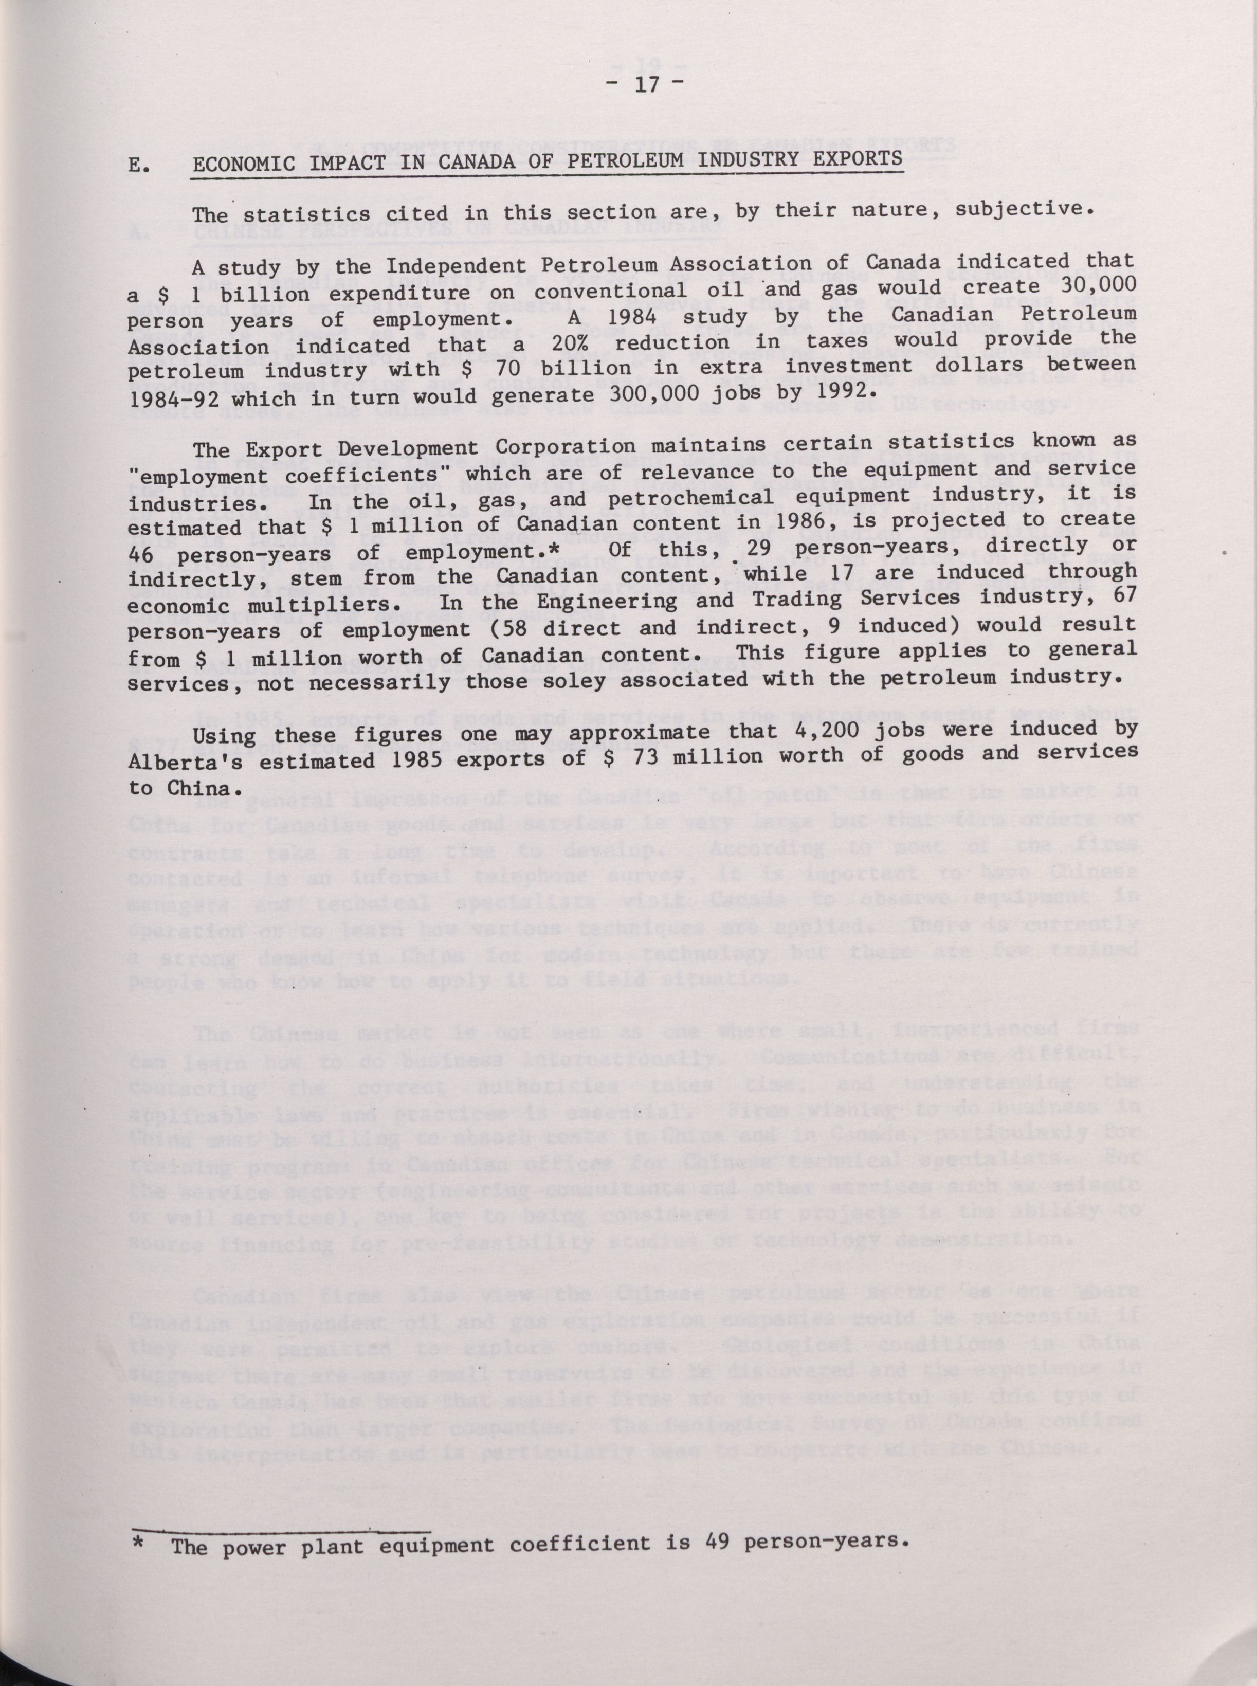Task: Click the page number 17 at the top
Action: [648, 86]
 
